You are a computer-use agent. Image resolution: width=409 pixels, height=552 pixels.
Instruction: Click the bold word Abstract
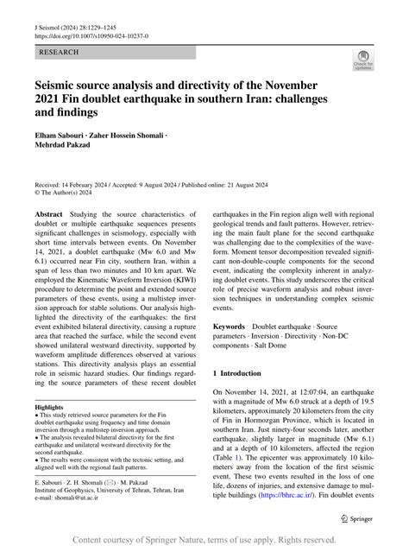coord(48,213)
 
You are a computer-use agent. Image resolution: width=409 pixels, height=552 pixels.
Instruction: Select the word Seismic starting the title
coord(60,86)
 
